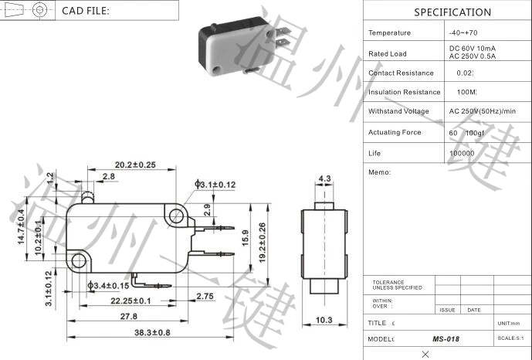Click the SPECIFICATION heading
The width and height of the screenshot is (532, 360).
click(x=452, y=12)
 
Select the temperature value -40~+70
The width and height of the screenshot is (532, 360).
click(x=463, y=32)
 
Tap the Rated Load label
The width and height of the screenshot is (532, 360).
click(x=388, y=53)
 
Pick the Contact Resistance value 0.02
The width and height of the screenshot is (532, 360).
click(x=464, y=73)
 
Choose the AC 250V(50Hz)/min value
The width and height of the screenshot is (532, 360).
click(x=483, y=111)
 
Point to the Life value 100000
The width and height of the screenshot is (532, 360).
click(x=462, y=154)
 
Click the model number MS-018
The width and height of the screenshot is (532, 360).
click(x=446, y=338)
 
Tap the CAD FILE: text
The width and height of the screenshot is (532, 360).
click(x=86, y=11)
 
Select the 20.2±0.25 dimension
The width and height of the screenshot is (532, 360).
click(x=136, y=165)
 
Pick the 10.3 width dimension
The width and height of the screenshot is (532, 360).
click(x=324, y=320)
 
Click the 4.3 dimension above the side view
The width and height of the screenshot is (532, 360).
click(x=324, y=178)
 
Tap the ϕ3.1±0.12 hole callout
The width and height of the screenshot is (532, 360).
click(x=216, y=185)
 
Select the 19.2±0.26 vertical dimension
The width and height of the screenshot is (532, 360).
click(x=262, y=241)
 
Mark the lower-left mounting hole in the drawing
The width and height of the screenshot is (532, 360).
click(x=79, y=260)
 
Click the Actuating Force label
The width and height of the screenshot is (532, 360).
click(x=395, y=132)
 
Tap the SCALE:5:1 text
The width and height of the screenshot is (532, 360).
click(x=511, y=338)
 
